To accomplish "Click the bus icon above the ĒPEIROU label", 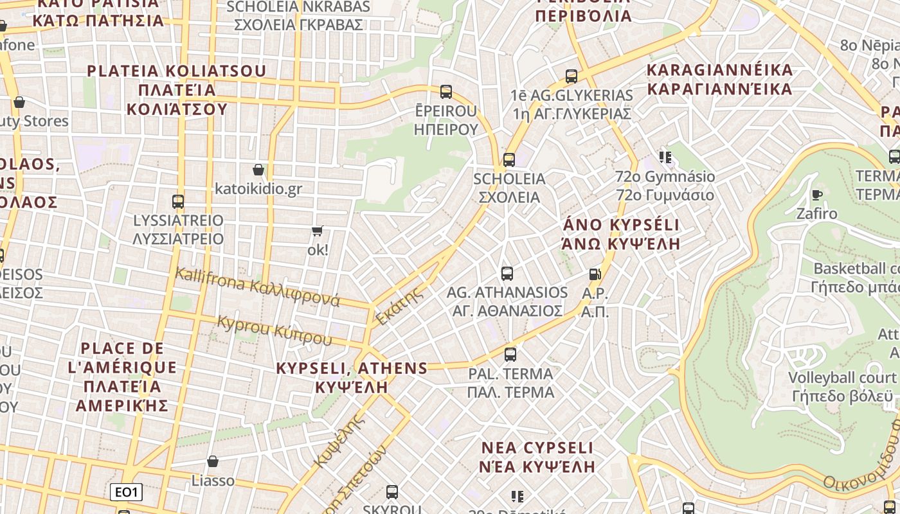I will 446,92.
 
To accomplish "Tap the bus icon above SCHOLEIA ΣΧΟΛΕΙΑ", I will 509,159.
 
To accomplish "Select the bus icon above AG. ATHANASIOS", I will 507,274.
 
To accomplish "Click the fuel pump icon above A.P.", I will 595,274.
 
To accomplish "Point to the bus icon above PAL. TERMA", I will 510,354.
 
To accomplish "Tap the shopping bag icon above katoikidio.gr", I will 258,170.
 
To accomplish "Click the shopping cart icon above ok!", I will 317,231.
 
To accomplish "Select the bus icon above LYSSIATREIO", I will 178,201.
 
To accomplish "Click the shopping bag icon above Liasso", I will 213,461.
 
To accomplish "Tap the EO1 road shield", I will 126,493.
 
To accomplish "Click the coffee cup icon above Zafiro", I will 817,195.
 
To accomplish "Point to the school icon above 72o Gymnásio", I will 665,157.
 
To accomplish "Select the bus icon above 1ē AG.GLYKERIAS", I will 571,76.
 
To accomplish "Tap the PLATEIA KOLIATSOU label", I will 176,71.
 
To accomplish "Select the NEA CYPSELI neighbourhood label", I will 537,447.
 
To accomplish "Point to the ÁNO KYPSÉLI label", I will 621,225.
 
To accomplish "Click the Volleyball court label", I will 842,377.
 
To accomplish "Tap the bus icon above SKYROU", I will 392,492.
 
